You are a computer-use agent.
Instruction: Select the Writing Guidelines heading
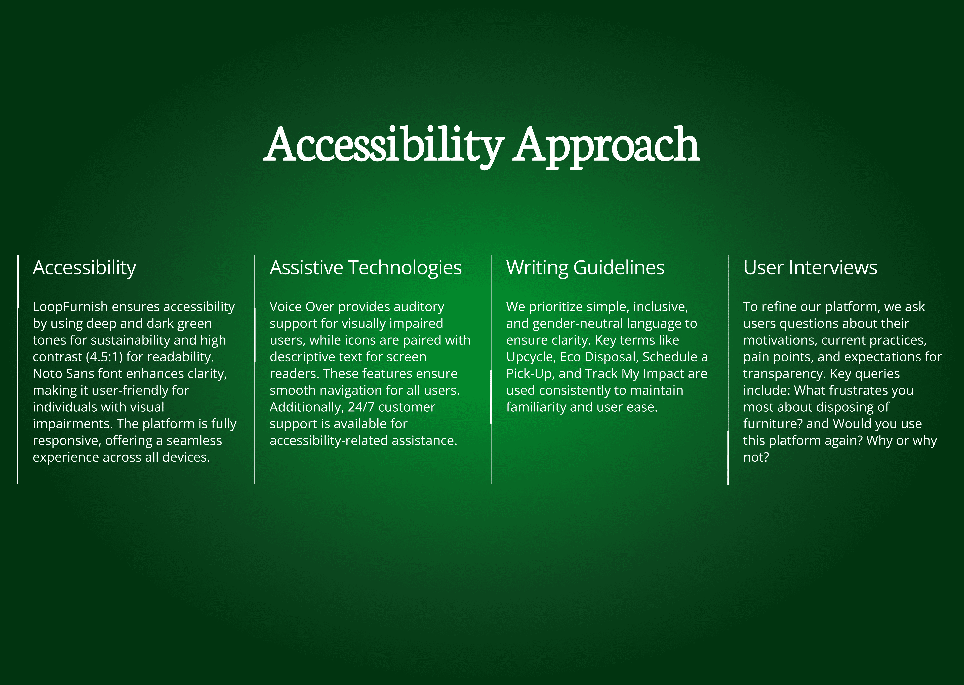(585, 268)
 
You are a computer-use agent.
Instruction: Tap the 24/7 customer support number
(361, 407)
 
